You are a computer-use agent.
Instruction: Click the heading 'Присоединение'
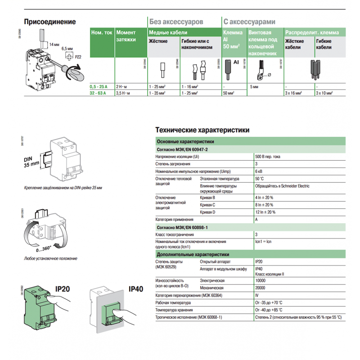(x=49, y=22)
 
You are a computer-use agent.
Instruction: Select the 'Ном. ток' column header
(x=101, y=33)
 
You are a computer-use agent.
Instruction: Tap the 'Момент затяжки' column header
(x=126, y=36)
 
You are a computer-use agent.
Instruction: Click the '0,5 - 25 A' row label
(x=98, y=85)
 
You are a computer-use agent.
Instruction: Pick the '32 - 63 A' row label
(x=98, y=93)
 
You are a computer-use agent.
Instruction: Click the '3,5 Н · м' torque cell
(x=123, y=93)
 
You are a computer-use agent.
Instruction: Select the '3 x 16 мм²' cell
(x=294, y=93)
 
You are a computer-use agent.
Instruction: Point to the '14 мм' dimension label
(x=54, y=44)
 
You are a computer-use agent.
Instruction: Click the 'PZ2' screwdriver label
(x=78, y=57)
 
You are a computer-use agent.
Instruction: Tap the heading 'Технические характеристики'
(x=202, y=130)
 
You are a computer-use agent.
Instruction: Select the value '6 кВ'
(x=259, y=171)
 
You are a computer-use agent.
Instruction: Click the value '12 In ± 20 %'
(x=265, y=211)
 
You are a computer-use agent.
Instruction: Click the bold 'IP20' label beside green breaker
(x=63, y=289)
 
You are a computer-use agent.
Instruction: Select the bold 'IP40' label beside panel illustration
(x=135, y=289)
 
